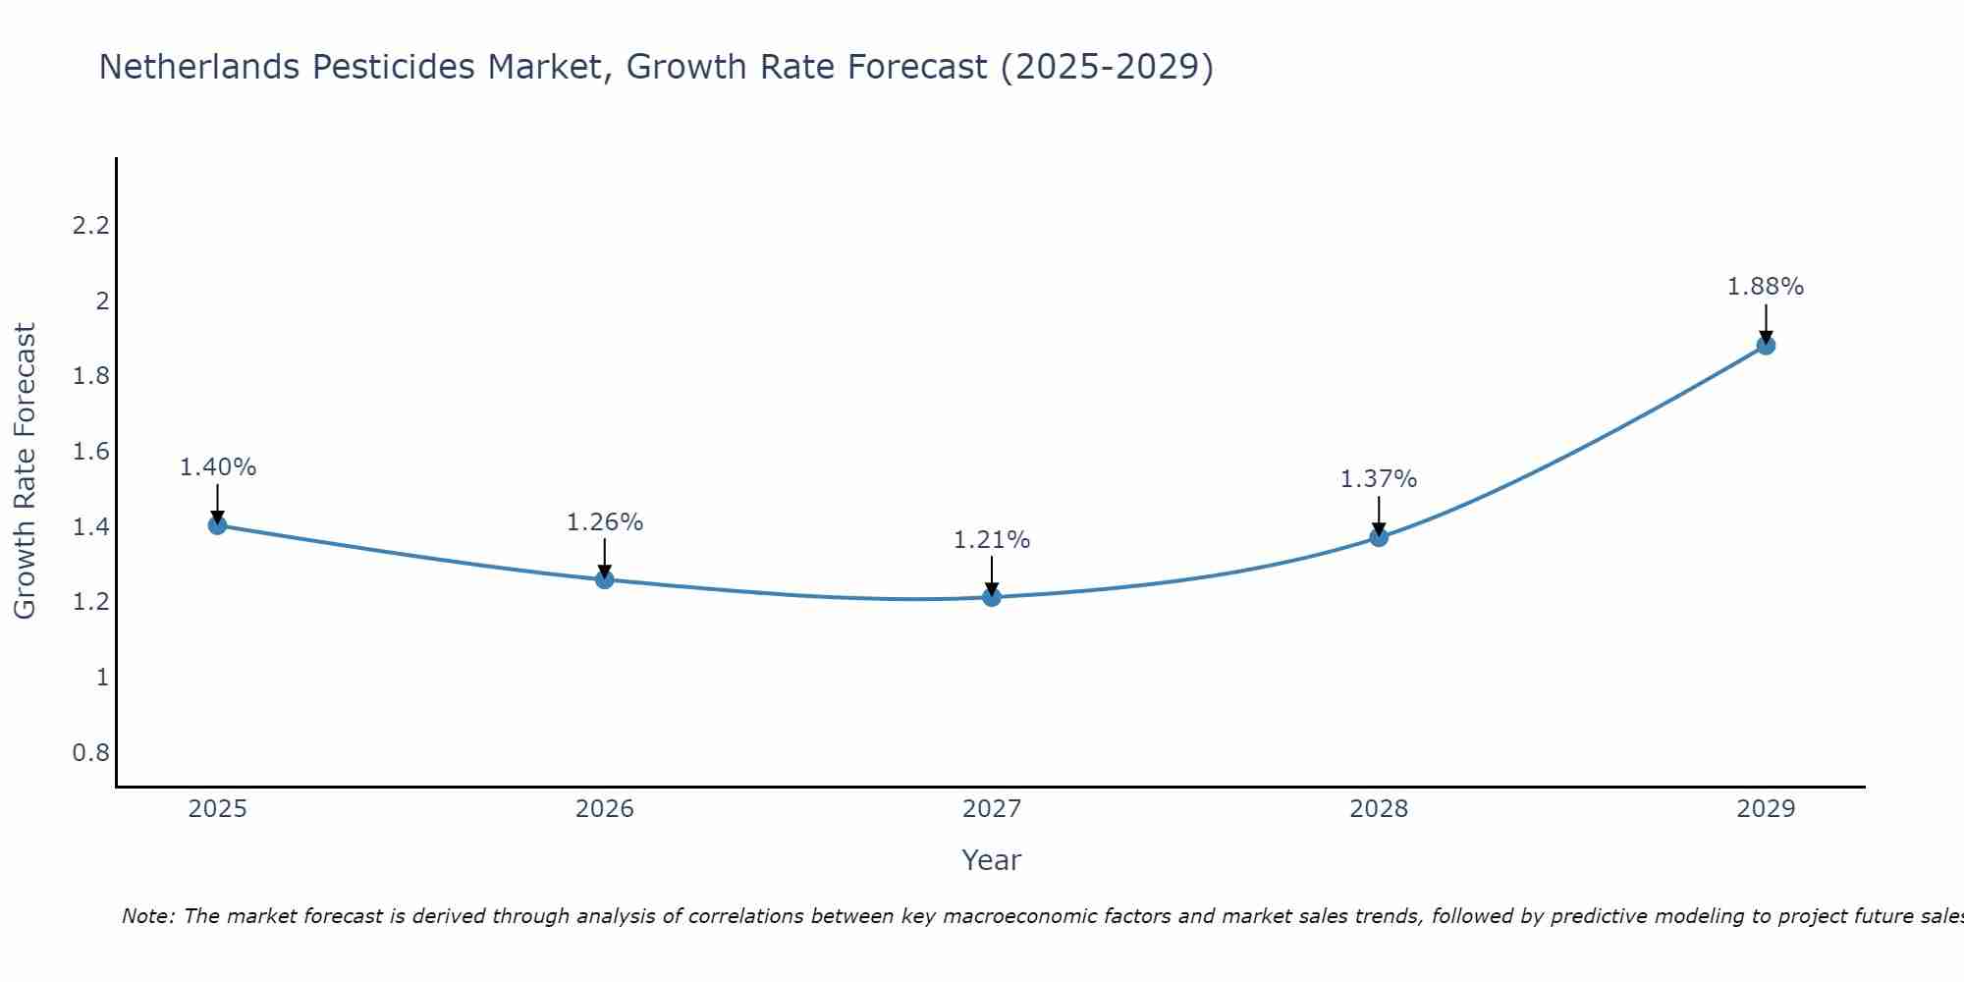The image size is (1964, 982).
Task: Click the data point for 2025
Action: [217, 525]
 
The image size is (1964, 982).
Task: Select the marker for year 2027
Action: [992, 597]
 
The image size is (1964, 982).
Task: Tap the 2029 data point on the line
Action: [1766, 346]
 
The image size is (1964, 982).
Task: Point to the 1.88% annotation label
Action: [1766, 287]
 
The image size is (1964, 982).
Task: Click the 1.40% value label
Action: [217, 467]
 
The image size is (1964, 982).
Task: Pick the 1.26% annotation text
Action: [605, 522]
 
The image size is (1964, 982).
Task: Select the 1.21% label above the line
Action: [992, 540]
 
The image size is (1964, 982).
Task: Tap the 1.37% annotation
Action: [1379, 479]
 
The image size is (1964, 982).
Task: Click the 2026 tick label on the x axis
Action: [605, 809]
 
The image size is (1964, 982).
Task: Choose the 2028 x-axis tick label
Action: [1379, 809]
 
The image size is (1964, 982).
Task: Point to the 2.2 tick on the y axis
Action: [90, 226]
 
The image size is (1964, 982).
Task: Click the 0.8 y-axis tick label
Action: [90, 753]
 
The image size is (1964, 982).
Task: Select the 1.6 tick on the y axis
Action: [90, 452]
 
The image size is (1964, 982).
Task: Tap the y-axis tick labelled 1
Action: [102, 678]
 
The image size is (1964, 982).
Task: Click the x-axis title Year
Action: [992, 860]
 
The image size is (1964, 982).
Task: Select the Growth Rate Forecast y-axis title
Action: [25, 470]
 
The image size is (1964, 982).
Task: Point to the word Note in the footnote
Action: [146, 916]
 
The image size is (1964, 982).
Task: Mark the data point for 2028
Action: [1379, 537]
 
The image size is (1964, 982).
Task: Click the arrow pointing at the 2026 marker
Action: [605, 559]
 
